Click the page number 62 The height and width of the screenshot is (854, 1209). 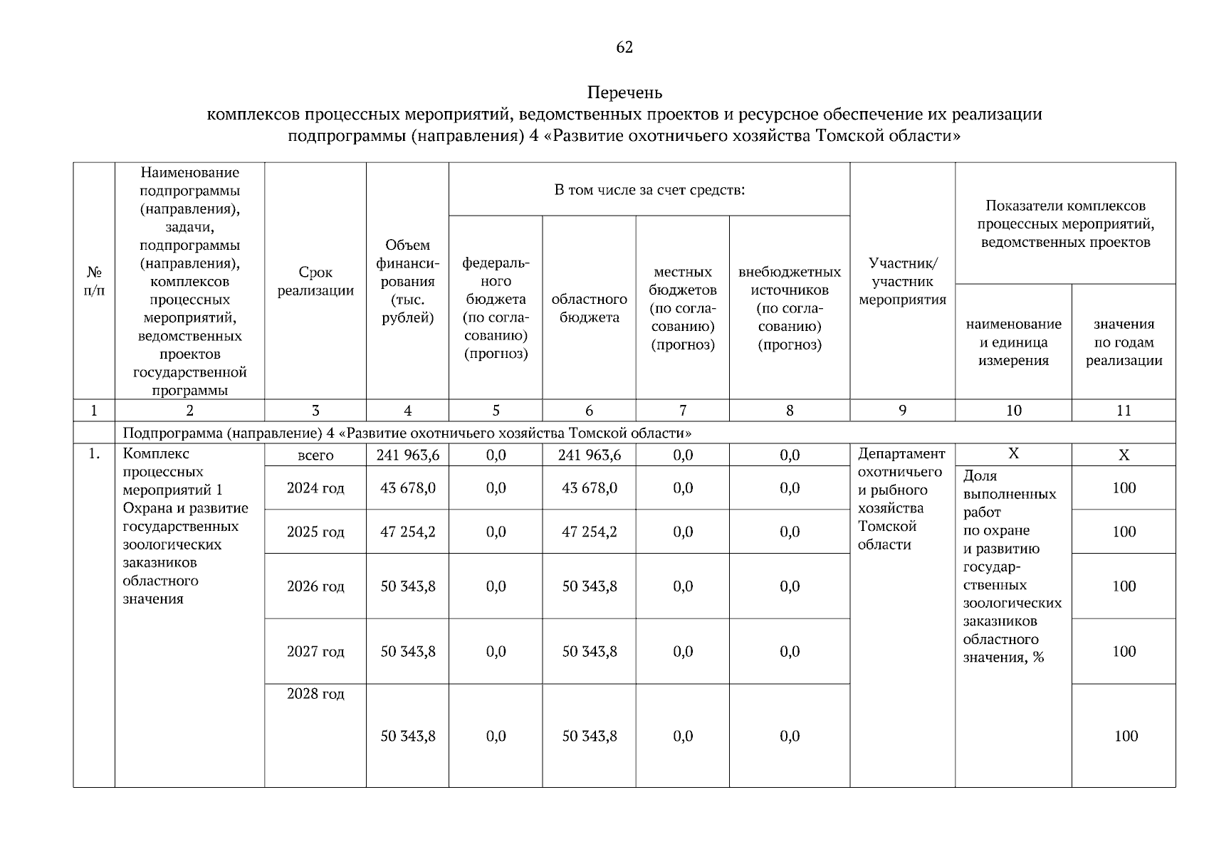624,47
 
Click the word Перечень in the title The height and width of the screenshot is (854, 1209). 624,93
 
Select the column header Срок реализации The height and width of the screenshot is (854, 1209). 315,281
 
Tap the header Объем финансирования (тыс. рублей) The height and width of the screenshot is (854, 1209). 407,281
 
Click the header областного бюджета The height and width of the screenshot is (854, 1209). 589,308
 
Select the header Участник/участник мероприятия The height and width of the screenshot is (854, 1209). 902,281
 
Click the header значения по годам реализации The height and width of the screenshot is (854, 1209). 1124,342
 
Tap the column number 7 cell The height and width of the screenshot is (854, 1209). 683,411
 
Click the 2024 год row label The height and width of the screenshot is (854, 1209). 315,488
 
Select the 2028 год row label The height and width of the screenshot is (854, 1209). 315,694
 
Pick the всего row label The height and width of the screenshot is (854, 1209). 315,455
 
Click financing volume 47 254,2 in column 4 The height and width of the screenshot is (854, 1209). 407,532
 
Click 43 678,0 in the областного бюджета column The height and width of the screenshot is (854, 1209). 589,488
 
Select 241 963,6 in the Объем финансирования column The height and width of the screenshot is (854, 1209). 407,455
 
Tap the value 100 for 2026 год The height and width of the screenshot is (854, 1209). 1124,586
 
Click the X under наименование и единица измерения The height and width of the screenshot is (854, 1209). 1013,454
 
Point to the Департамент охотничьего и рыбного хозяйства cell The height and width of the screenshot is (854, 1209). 901,499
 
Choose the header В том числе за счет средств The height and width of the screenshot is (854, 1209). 649,190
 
